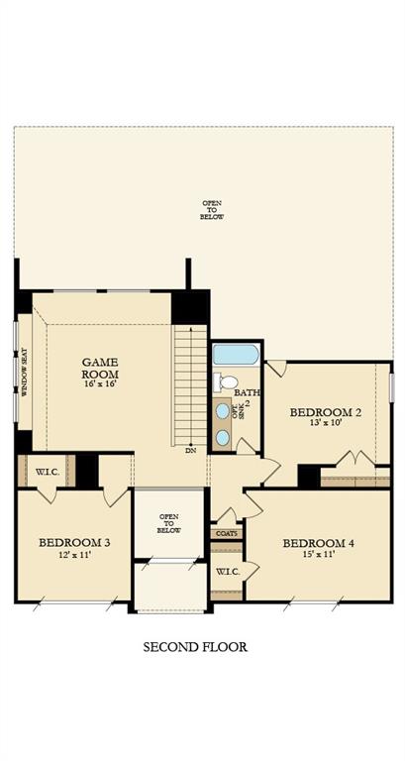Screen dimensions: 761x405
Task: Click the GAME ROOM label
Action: [x=100, y=369]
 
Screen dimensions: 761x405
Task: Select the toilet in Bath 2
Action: [x=227, y=382]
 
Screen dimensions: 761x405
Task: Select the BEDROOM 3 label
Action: [x=74, y=542]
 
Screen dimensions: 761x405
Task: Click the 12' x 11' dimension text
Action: [x=74, y=556]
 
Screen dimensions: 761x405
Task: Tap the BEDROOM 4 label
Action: [x=317, y=543]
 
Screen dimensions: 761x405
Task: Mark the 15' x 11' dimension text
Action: [x=317, y=557]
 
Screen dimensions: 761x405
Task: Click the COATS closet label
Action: [x=226, y=534]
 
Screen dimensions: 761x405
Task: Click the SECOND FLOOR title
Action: [x=195, y=647]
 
